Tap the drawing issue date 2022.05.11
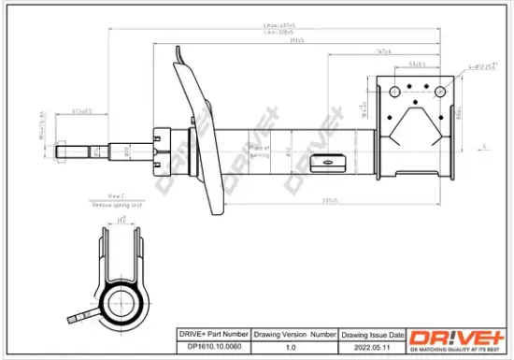pos(371,346)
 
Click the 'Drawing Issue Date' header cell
pos(371,334)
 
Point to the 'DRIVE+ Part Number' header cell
pos(211,334)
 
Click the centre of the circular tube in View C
pos(122,302)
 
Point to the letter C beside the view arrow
pos(486,147)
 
